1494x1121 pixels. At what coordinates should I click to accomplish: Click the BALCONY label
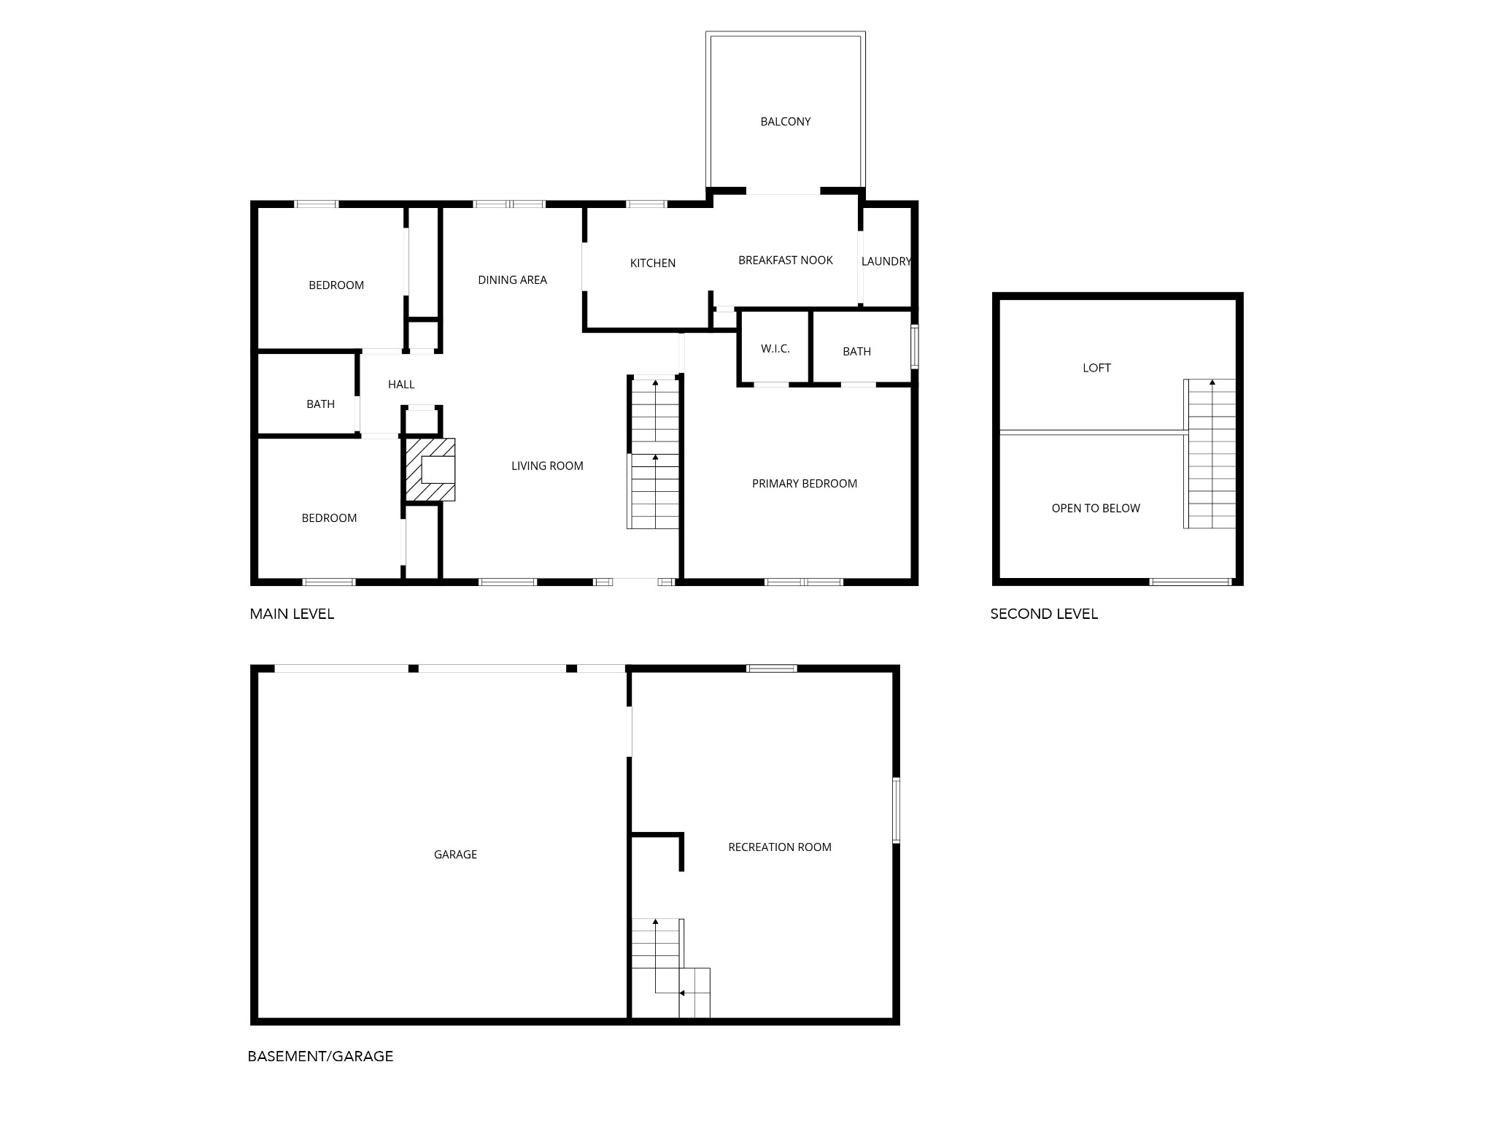click(785, 122)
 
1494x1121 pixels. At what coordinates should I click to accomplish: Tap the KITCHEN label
click(653, 263)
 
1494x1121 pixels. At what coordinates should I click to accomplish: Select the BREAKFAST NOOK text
click(785, 261)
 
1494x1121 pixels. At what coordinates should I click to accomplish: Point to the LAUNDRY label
click(886, 261)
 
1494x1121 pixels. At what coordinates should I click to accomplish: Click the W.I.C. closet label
click(775, 349)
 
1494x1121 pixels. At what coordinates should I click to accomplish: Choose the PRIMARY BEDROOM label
click(805, 484)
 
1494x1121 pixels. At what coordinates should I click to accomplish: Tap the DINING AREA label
click(512, 280)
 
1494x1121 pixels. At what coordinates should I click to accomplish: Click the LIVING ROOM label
click(547, 466)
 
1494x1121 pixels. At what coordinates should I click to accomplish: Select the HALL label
click(401, 385)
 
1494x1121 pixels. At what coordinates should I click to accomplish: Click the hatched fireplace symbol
click(430, 469)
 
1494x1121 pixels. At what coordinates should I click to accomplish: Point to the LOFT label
click(1096, 369)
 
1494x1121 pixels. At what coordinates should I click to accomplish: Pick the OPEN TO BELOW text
click(1096, 509)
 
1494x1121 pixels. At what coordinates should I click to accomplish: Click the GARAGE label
click(455, 855)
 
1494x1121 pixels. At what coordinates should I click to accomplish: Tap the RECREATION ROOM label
click(780, 847)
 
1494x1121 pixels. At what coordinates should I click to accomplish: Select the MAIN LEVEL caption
click(292, 615)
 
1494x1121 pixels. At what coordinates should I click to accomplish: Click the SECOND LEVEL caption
click(1044, 615)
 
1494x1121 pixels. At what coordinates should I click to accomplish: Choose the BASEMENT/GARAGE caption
click(320, 1056)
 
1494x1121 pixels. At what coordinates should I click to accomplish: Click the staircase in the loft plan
click(1210, 454)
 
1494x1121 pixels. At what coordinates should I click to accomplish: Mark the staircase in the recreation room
click(670, 968)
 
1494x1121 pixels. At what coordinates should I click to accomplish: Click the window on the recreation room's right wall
click(897, 811)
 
